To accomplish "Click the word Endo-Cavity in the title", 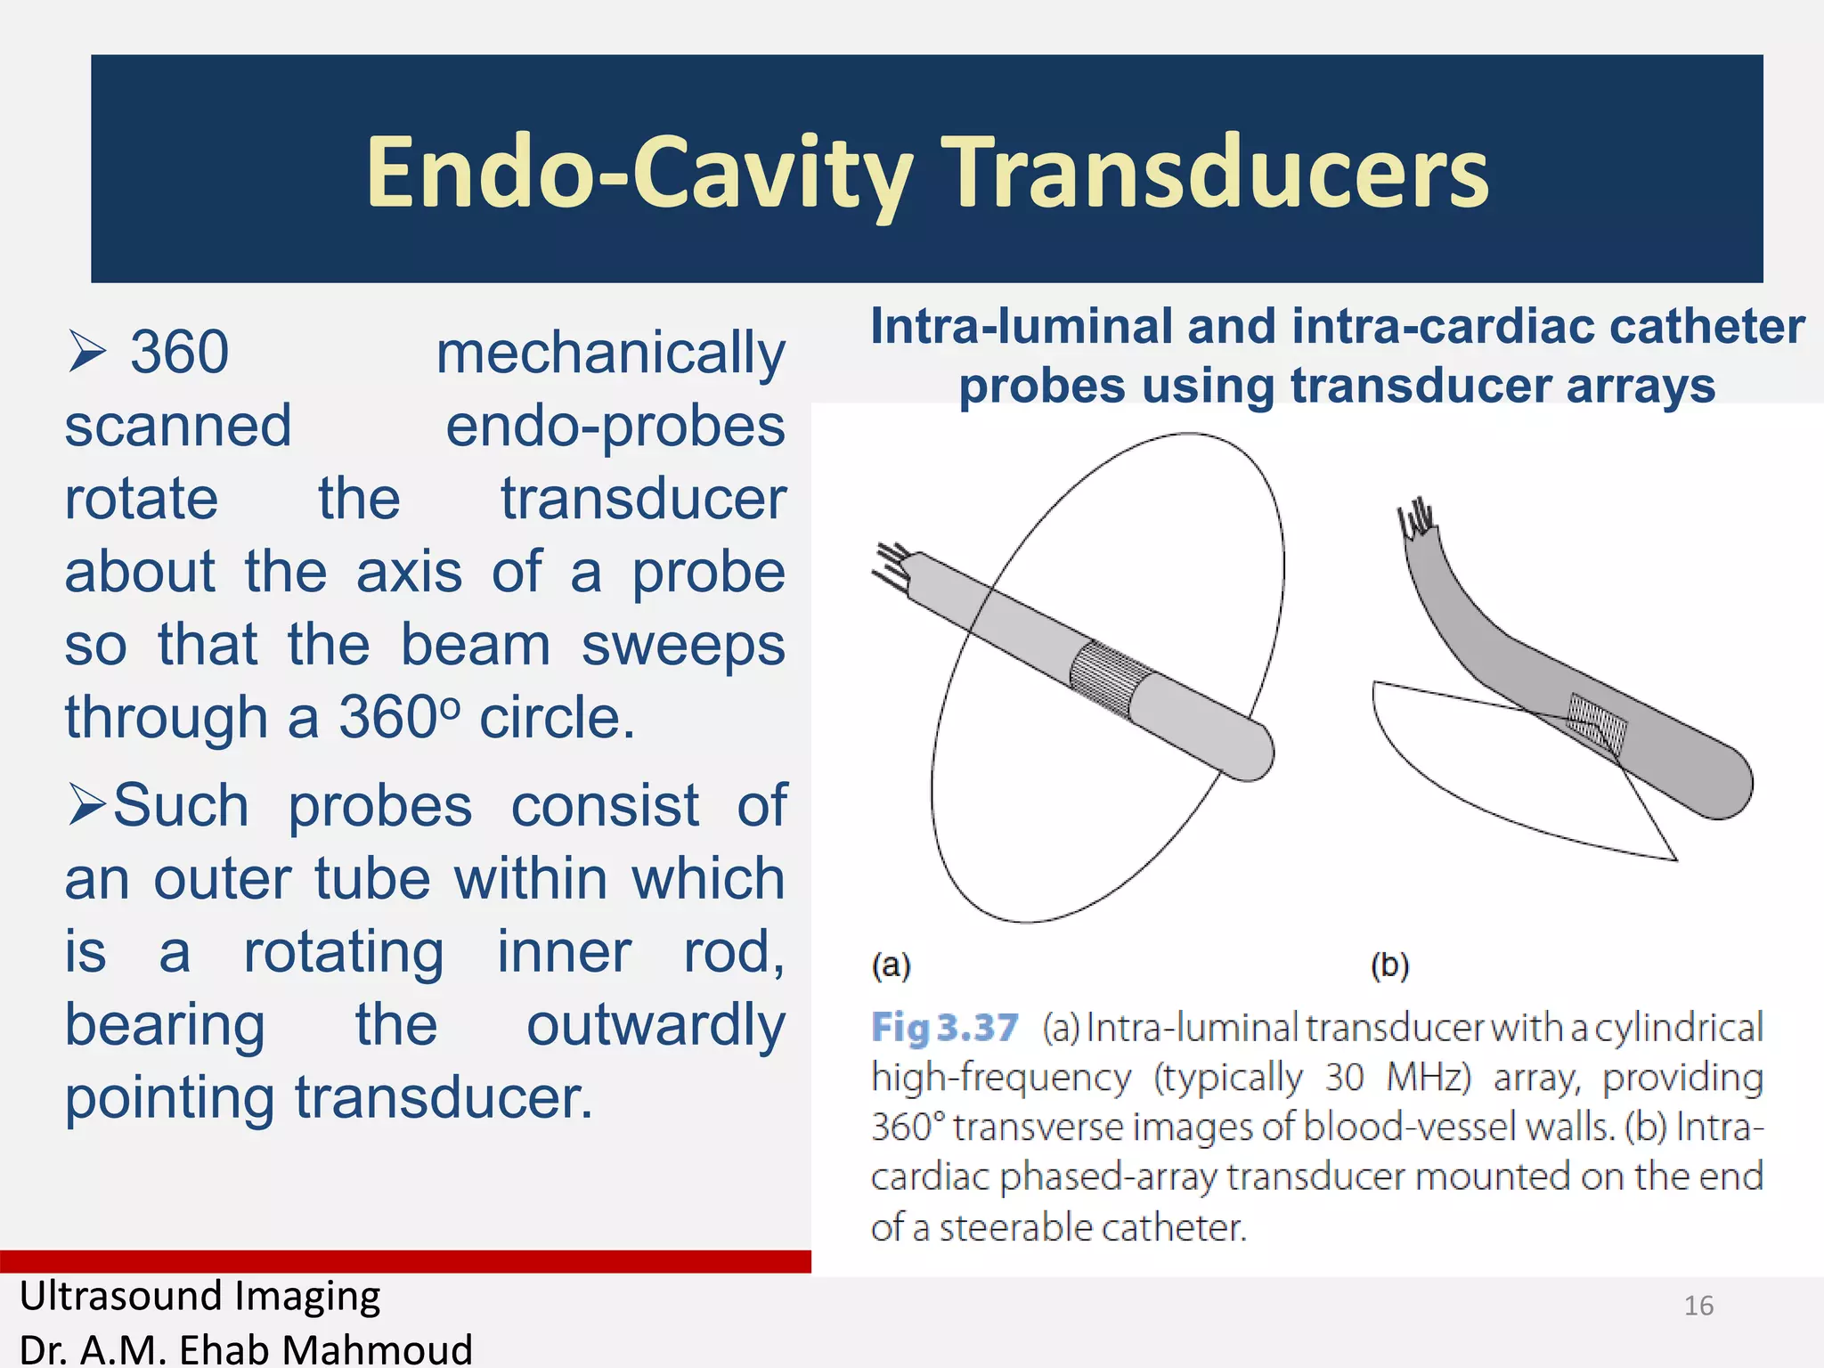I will [639, 172].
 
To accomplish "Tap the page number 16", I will [1698, 1305].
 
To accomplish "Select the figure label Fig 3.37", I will [944, 1028].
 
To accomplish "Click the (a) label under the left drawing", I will [891, 965].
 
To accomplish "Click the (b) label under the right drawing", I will [1389, 965].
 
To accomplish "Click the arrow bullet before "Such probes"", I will [86, 804].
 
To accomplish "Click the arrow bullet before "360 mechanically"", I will [86, 353].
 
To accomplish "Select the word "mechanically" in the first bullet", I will [610, 353].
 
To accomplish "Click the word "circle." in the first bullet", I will [557, 717].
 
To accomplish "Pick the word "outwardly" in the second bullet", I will [655, 1024].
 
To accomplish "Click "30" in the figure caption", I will [1343, 1078].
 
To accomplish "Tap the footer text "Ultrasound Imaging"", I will [200, 1296].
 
